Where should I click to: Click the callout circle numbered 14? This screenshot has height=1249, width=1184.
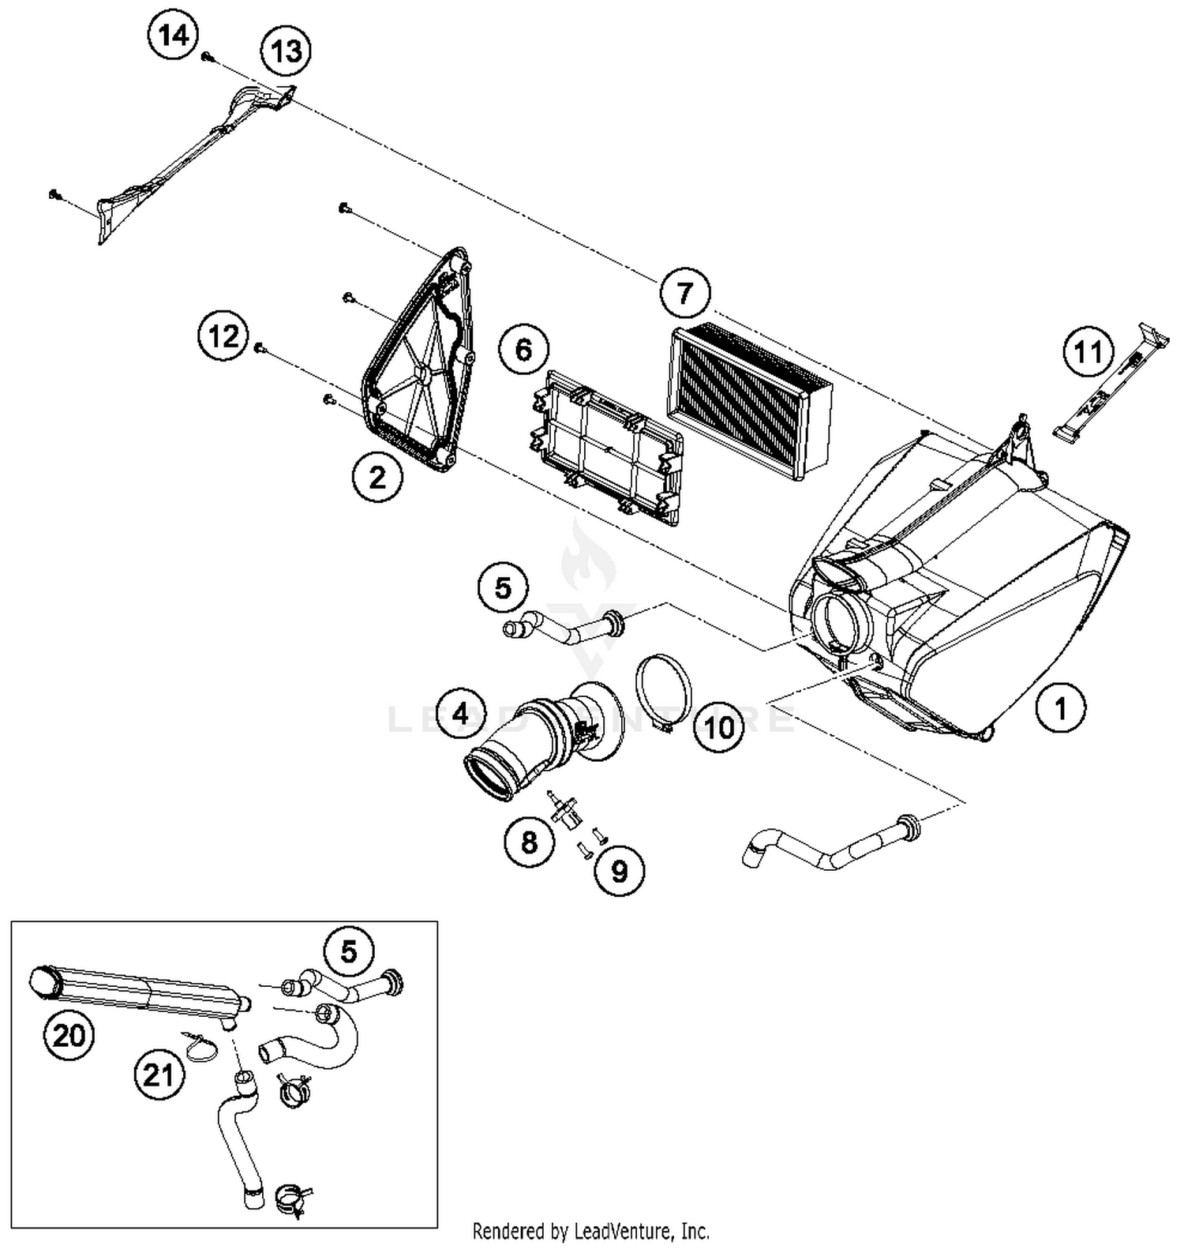pyautogui.click(x=174, y=36)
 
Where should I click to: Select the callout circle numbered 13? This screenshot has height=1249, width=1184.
pyautogui.click(x=286, y=51)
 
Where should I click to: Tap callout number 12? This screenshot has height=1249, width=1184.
pyautogui.click(x=223, y=336)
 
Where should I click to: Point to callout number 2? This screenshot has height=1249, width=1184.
pyautogui.click(x=377, y=477)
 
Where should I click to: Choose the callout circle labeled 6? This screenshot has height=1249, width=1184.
pyautogui.click(x=524, y=349)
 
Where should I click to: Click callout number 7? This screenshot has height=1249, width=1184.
pyautogui.click(x=684, y=294)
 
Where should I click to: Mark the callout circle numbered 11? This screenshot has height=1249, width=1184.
pyautogui.click(x=1088, y=351)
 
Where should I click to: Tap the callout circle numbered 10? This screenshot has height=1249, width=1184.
pyautogui.click(x=718, y=727)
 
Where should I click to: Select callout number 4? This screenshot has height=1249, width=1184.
pyautogui.click(x=460, y=715)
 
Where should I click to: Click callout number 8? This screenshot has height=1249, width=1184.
pyautogui.click(x=529, y=842)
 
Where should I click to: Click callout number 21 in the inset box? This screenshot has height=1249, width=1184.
pyautogui.click(x=159, y=1075)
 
